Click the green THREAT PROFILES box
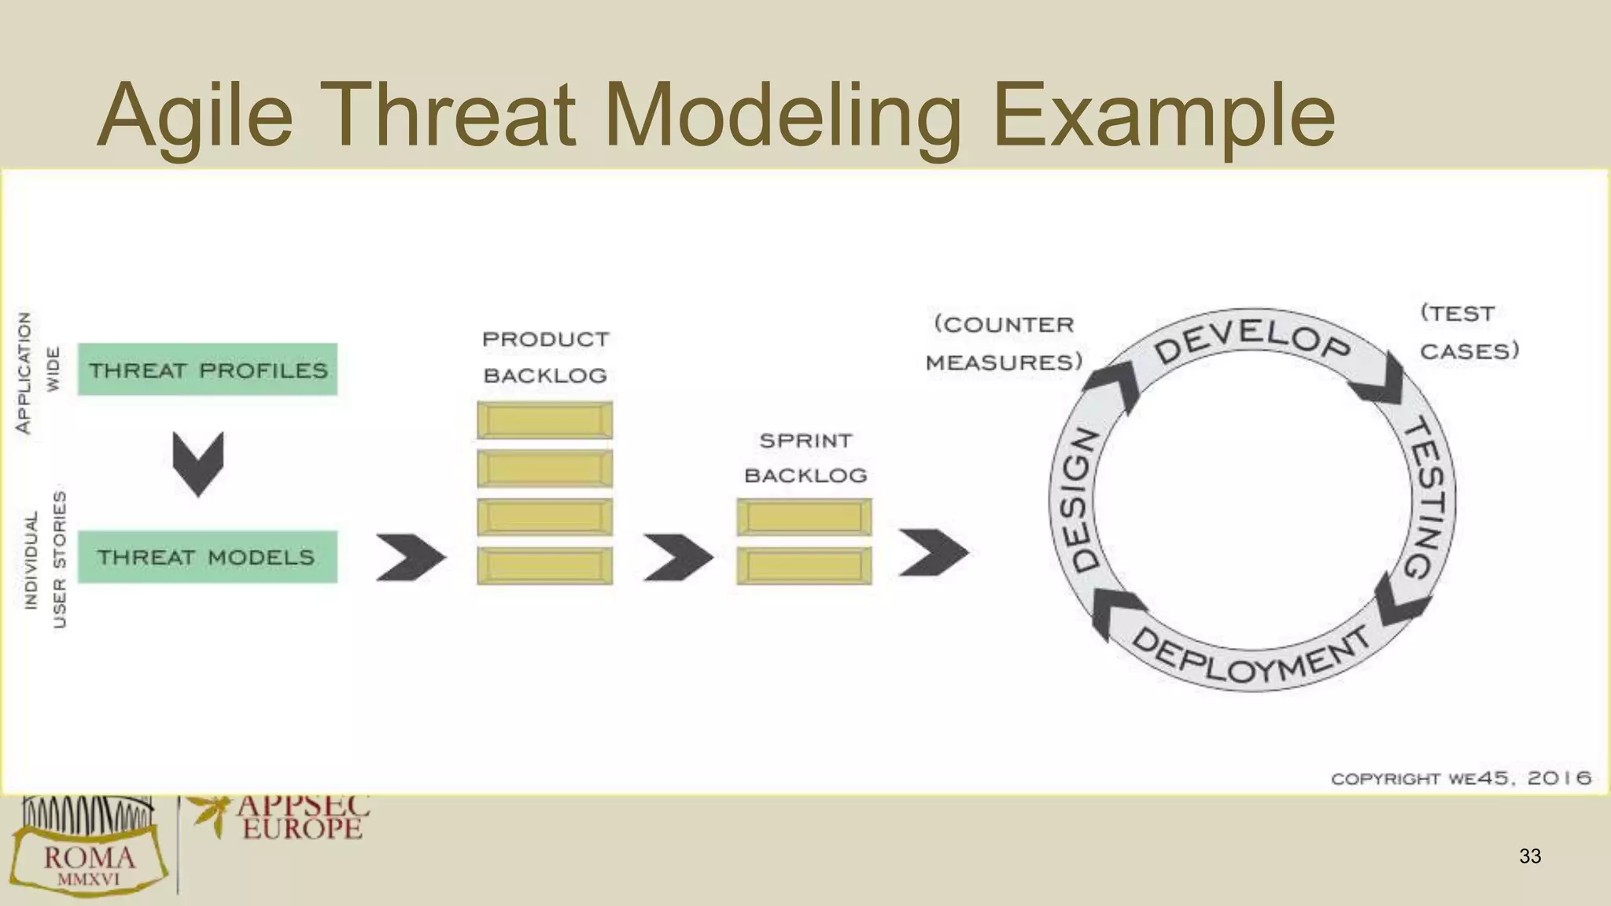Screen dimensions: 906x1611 [x=207, y=369]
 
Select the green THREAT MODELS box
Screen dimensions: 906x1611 [x=207, y=557]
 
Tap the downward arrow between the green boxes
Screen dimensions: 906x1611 [x=198, y=463]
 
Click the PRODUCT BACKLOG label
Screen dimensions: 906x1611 [x=545, y=357]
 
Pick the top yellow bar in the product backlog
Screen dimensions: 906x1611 [x=544, y=420]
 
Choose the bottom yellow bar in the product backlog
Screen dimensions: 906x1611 [x=544, y=565]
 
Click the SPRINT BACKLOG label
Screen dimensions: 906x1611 [x=805, y=458]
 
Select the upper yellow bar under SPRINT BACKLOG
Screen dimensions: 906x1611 [x=804, y=517]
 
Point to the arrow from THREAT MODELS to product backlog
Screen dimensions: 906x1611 [x=410, y=557]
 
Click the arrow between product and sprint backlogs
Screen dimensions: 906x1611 [x=677, y=557]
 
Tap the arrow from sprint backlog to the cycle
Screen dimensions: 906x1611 [x=934, y=552]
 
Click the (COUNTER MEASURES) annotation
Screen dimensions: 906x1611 [x=1004, y=343]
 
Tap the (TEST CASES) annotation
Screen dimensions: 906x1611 [x=1468, y=332]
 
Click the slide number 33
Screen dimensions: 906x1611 [x=1530, y=856]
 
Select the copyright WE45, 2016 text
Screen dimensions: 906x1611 [x=1461, y=779]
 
